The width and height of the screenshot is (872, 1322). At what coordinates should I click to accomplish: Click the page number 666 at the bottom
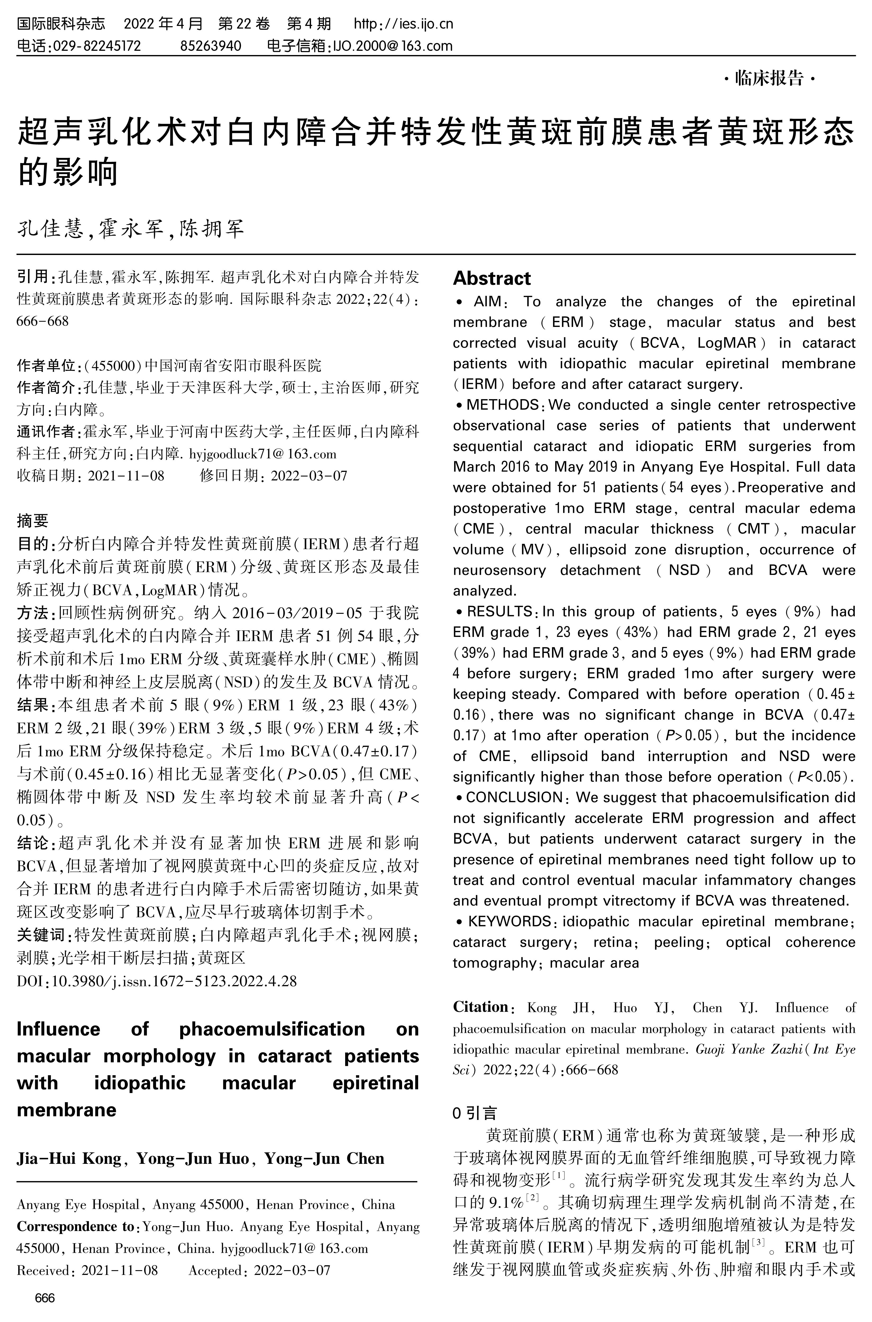44,1298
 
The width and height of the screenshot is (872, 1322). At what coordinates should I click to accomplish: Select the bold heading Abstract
492,278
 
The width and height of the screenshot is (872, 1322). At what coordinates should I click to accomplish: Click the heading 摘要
33,521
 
